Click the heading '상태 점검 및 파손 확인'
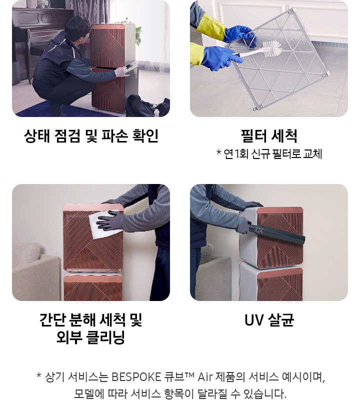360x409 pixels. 90,136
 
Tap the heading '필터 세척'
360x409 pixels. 268,136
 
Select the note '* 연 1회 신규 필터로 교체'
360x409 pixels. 268,154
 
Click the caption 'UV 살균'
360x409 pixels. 268,320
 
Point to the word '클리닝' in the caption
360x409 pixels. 106,338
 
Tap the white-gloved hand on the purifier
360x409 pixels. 120,71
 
